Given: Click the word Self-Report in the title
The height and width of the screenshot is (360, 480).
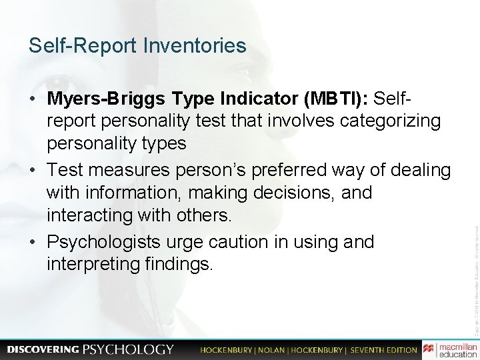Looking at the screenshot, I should [x=82, y=46].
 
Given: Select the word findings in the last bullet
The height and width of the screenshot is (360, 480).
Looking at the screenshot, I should [x=179, y=265].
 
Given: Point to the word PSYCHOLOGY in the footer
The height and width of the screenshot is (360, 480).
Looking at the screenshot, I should [x=128, y=349].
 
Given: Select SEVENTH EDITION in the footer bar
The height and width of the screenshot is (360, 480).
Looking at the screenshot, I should [x=382, y=349].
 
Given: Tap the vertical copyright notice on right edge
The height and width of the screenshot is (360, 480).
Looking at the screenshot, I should [x=475, y=267].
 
